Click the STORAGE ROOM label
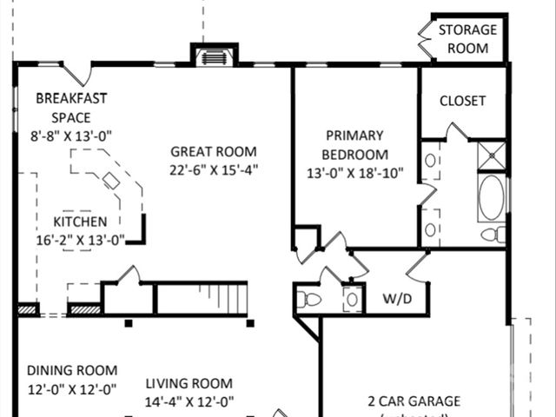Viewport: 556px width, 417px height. pos(467,39)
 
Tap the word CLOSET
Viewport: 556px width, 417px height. pos(462,101)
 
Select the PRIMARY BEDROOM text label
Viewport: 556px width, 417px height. pos(354,144)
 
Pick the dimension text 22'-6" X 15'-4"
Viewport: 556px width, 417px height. pos(215,170)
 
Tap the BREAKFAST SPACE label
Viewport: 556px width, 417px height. pos(71,108)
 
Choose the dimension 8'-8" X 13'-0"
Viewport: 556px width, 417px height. pos(72,136)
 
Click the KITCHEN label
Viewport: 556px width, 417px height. pos(80,222)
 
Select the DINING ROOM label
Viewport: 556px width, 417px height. pos(71,370)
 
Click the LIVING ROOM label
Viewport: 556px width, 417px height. pos(189,383)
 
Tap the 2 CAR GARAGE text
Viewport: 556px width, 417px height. pos(414,401)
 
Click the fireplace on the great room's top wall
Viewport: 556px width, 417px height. pos(213,57)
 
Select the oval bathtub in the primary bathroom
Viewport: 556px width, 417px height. pos(492,197)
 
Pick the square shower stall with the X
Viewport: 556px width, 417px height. pos(492,154)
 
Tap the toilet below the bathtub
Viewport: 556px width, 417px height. pos(493,235)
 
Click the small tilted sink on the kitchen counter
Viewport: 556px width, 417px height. pos(111,181)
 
